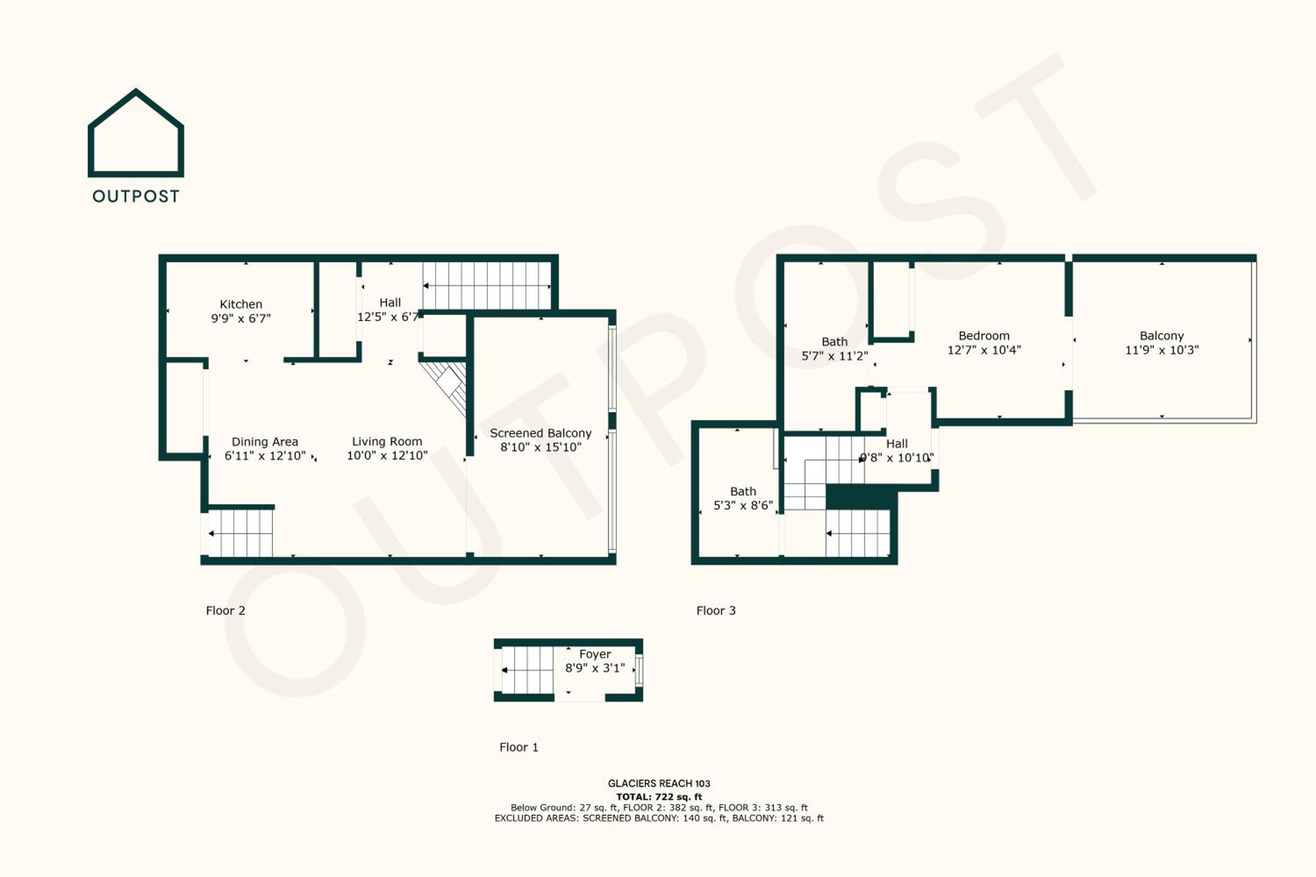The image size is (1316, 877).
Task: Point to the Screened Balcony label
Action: pos(540,433)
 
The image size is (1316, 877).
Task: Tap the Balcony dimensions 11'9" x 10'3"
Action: pos(1162,350)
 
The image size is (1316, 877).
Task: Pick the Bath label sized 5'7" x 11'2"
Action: pos(834,342)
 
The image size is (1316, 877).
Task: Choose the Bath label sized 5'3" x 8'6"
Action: pos(743,492)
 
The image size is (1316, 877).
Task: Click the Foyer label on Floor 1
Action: pos(595,654)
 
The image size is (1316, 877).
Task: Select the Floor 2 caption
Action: pos(225,611)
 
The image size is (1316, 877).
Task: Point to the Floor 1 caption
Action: pos(519,747)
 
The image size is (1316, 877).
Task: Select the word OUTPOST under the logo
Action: pos(136,196)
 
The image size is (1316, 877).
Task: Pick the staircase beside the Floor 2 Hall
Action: pos(487,286)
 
